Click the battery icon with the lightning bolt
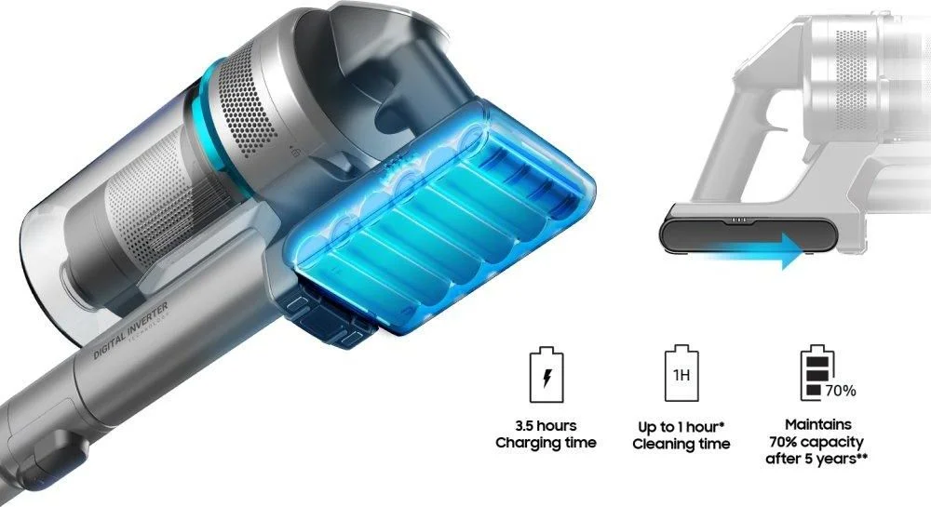[x=546, y=375]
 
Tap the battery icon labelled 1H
[x=681, y=373]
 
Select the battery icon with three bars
[x=817, y=373]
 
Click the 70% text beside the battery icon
[x=840, y=391]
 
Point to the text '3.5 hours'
[x=546, y=426]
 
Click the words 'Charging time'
[x=546, y=443]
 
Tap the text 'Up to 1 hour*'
[x=681, y=427]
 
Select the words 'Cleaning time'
[x=681, y=444]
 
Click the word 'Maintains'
[x=817, y=424]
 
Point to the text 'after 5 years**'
[x=816, y=459]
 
